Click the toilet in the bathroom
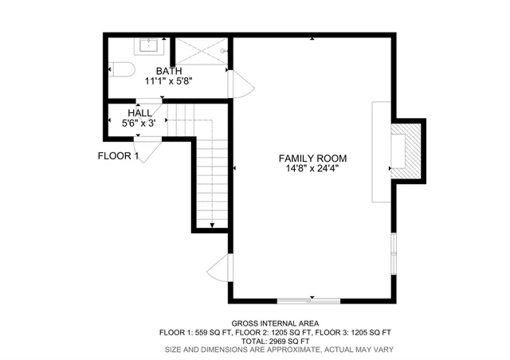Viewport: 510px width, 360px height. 120,70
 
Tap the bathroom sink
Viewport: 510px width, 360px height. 148,45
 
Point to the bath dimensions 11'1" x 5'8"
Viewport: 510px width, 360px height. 168,81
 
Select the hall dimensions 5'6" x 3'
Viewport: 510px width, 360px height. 143,123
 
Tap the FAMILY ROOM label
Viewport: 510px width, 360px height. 312,158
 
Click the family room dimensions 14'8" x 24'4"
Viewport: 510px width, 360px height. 312,169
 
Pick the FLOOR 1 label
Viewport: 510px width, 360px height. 118,156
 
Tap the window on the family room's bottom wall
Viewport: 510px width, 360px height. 309,300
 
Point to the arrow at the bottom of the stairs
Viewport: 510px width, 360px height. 213,226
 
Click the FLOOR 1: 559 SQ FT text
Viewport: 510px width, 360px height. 194,332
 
